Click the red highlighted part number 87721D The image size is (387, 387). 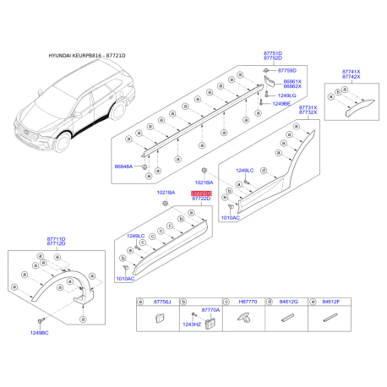[x=201, y=193]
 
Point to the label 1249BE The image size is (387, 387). [x=281, y=104]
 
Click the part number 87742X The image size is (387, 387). [x=351, y=77]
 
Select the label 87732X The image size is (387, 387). [x=308, y=113]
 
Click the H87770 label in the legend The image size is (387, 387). [x=248, y=302]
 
